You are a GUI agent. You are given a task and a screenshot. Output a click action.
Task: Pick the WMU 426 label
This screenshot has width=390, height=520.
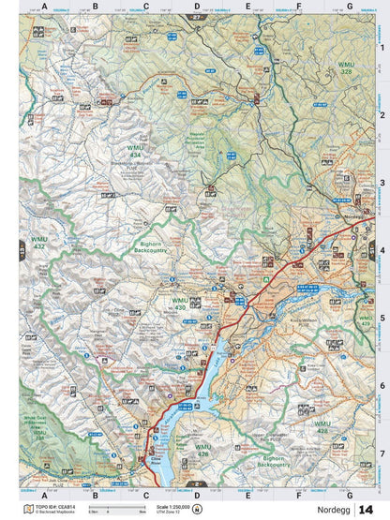(203, 449)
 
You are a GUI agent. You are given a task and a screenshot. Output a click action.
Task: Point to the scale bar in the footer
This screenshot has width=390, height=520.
(109, 512)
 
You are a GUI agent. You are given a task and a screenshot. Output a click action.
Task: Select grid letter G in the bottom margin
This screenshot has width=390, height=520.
(350, 495)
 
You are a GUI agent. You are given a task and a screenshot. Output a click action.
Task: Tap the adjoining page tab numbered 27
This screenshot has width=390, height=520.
(196, 18)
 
